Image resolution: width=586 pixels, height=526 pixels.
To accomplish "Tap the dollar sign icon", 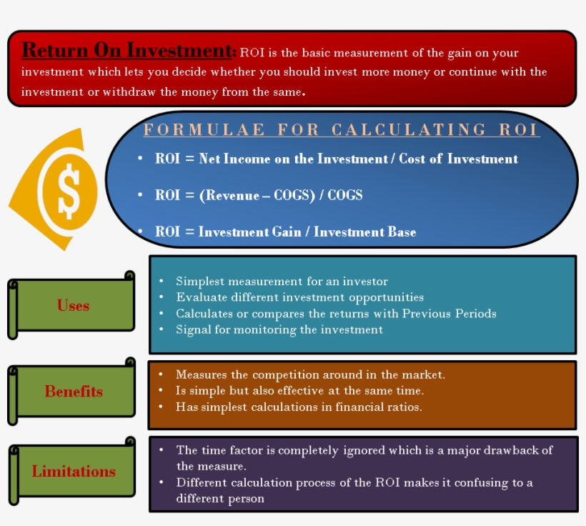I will [69, 191].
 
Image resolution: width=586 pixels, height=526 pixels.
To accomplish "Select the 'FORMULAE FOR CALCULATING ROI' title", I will [341, 130].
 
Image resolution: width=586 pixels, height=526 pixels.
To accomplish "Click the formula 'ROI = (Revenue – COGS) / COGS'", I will [259, 195].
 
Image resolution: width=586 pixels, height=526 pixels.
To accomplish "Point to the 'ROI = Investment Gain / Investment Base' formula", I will [285, 232].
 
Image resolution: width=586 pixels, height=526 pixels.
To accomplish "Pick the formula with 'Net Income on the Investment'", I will [336, 159].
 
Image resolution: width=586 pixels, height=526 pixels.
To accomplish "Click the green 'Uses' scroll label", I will [73, 306].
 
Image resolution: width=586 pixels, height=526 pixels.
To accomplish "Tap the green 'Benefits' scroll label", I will [73, 392].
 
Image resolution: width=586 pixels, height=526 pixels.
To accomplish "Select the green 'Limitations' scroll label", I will [73, 472].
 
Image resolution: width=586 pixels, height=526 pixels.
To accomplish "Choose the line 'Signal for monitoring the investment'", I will [279, 329].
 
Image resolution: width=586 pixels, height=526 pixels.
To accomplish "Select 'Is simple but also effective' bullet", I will [299, 391].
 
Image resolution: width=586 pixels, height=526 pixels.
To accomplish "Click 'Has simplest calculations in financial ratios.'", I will [299, 407].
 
